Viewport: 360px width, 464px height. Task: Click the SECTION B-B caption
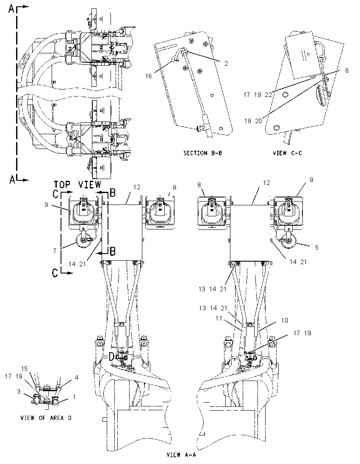(x=202, y=153)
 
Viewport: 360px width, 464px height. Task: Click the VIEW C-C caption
(x=287, y=153)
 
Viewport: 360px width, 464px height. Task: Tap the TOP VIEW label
(x=77, y=185)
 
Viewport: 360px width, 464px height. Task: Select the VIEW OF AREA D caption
(x=46, y=418)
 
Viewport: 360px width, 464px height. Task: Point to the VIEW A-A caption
(x=181, y=455)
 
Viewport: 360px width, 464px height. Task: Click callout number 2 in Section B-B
(x=226, y=64)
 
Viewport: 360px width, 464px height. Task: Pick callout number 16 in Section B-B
(x=148, y=76)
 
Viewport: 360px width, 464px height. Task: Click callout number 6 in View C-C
(x=347, y=70)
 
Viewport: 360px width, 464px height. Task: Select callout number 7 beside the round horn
(x=55, y=251)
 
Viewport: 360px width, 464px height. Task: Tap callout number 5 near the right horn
(x=317, y=247)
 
